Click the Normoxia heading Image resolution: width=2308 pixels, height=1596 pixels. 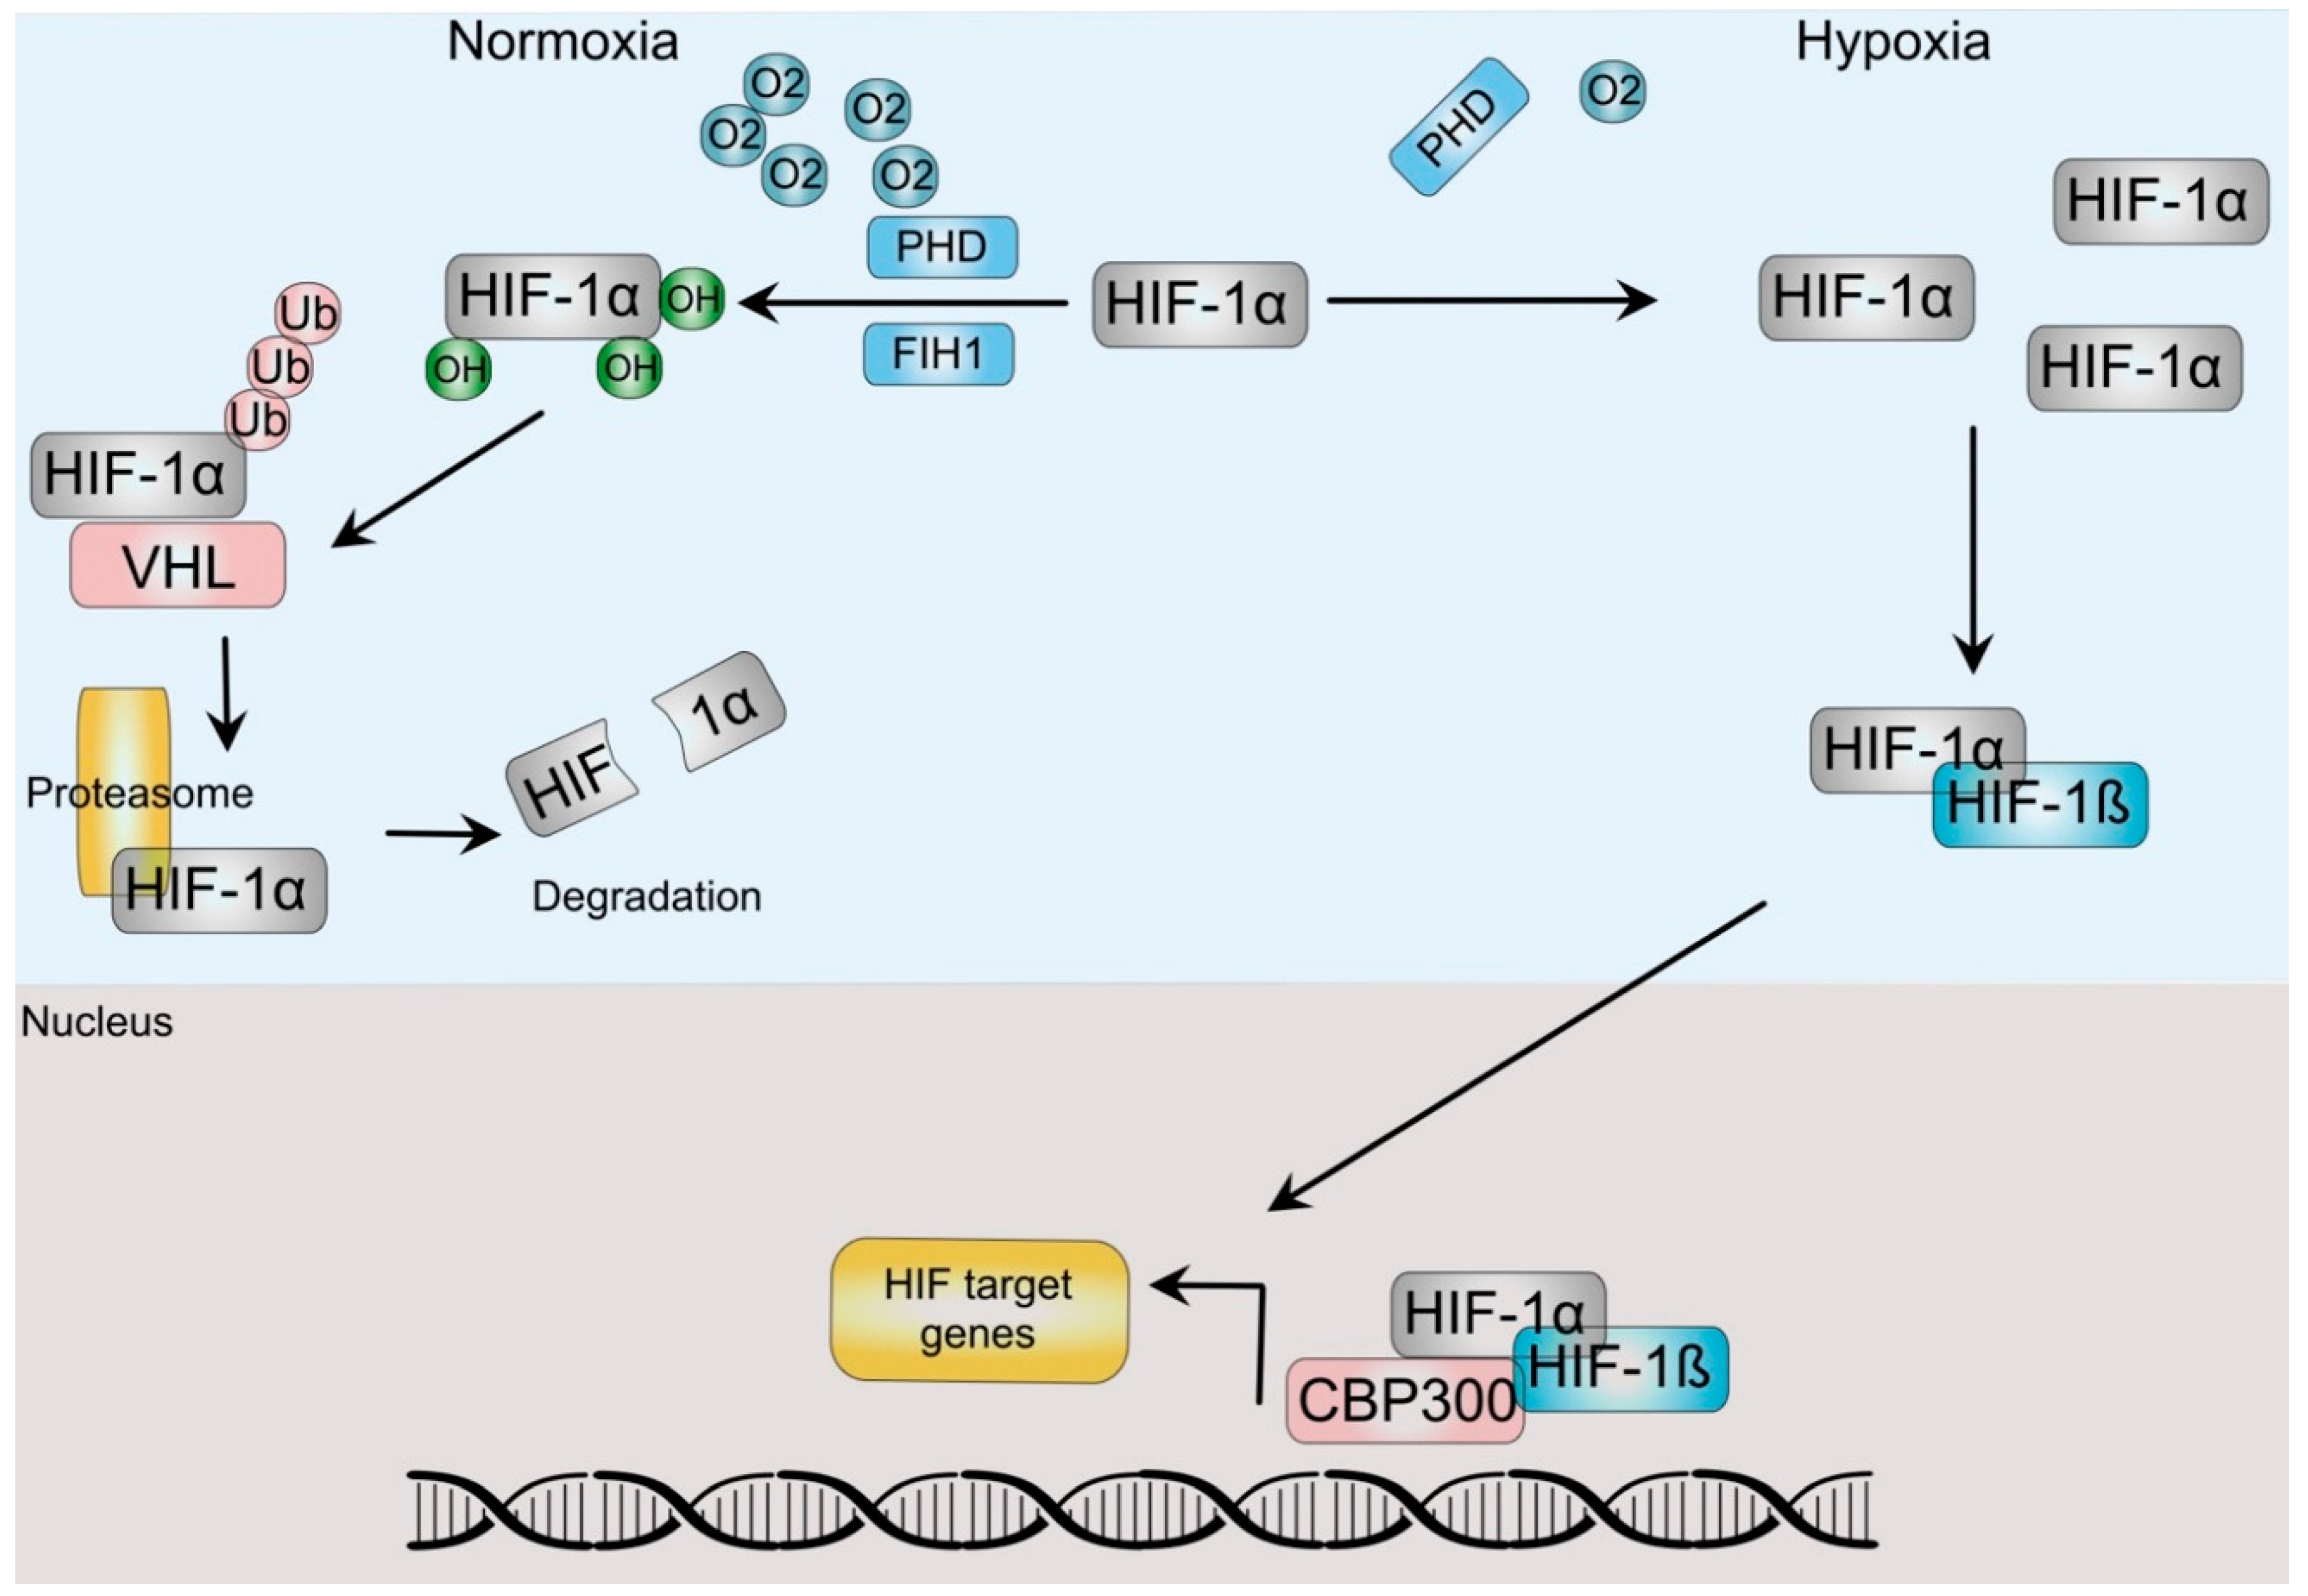pos(562,42)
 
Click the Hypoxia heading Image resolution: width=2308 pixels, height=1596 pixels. pos(1892,42)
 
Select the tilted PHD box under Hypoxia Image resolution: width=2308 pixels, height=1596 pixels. pos(1459,127)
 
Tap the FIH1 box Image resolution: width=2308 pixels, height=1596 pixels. pos(938,354)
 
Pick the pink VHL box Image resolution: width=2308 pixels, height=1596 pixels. pos(178,566)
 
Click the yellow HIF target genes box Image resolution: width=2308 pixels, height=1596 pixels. pos(979,1311)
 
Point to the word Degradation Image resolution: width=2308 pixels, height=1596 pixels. pos(646,897)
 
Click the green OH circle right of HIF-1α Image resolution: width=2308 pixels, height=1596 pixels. pos(692,298)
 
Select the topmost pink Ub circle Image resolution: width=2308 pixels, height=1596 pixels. pos(307,313)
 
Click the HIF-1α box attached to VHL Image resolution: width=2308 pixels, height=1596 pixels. pos(138,474)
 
